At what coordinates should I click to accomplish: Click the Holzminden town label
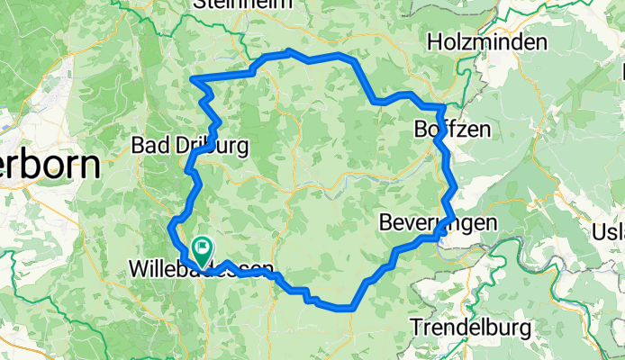[487, 42]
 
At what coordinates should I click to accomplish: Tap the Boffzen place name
[452, 129]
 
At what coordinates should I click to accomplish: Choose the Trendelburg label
[469, 327]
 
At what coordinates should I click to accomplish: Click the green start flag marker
[203, 246]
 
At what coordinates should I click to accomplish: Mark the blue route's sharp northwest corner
[194, 80]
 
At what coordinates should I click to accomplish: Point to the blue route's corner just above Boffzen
[441, 108]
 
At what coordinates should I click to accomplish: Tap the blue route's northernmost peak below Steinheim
[288, 51]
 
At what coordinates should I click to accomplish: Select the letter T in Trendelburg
[416, 327]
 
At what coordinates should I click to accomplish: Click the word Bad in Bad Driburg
[148, 144]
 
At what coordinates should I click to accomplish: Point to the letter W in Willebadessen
[138, 269]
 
